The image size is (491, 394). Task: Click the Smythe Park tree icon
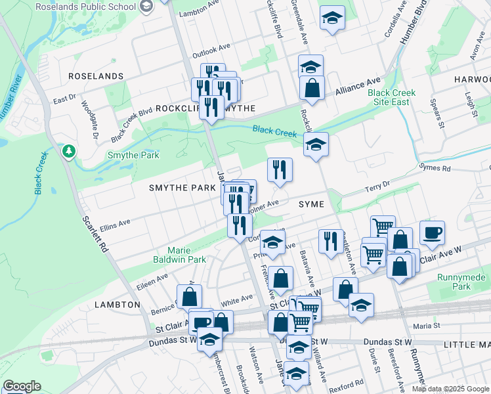point(68,152)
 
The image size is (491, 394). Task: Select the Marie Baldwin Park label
point(187,255)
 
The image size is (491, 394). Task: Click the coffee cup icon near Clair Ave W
point(432,233)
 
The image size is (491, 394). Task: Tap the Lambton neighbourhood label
point(117,305)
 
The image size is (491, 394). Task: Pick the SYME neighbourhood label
point(311,204)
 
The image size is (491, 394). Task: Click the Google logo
point(22,386)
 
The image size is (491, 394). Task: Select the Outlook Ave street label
point(211,49)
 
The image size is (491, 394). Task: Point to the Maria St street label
point(426,326)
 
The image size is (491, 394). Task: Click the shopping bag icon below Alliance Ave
point(312,87)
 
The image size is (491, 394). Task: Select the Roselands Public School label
point(91,7)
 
